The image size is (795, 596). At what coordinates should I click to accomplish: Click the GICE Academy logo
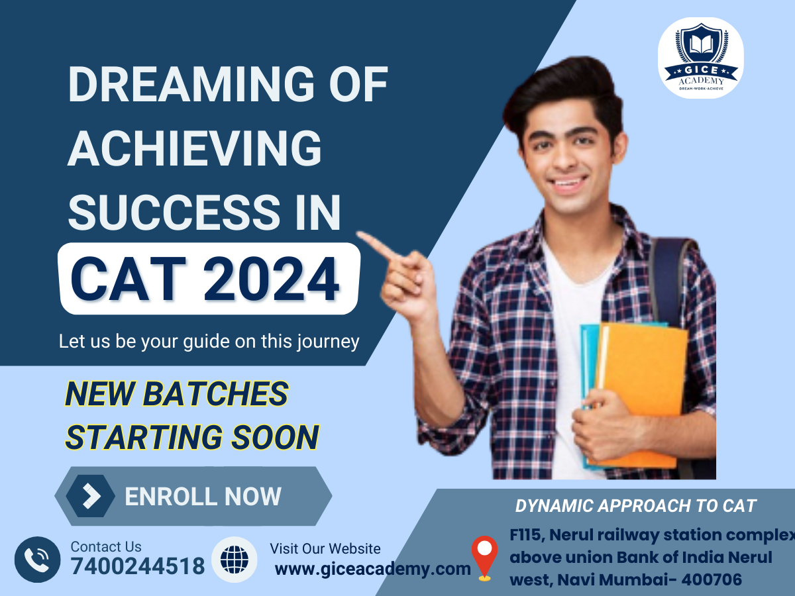pos(700,57)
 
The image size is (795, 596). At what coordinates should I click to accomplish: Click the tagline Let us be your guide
pos(209,342)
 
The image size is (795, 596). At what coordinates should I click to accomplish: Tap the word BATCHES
pos(216,394)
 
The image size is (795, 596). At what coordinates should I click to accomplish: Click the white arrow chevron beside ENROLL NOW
pos(91,496)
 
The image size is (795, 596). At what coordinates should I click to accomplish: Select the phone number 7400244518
pos(138,567)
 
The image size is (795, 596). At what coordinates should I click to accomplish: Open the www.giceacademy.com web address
pos(372,568)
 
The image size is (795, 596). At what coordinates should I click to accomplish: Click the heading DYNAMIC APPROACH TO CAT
pos(635,506)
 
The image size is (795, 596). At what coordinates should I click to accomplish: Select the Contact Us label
pos(106,547)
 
